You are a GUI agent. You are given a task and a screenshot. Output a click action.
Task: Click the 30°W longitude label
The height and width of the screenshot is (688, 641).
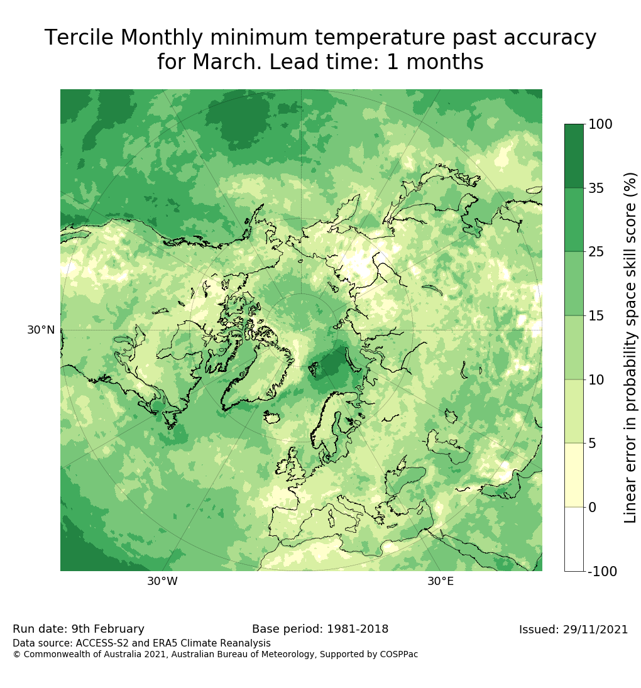tap(162, 581)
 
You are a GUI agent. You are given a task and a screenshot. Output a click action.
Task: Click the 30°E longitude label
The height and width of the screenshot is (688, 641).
tap(441, 581)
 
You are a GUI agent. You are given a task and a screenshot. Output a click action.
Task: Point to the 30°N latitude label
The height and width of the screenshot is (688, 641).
tap(41, 330)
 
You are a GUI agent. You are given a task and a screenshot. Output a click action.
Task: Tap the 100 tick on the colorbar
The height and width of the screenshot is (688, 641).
tap(600, 124)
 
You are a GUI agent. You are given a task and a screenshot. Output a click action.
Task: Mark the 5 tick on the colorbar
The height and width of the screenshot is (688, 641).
tap(592, 444)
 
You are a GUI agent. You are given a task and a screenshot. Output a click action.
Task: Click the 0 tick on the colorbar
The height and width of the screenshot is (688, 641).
tap(592, 507)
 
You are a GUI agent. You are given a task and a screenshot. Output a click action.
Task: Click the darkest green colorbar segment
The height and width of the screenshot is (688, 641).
tap(574, 156)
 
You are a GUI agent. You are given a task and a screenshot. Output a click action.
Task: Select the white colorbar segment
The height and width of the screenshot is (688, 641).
tap(574, 539)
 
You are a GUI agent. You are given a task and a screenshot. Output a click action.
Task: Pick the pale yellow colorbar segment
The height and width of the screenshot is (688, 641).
tap(574, 475)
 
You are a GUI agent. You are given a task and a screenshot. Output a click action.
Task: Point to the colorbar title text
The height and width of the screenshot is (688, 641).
tap(630, 347)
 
